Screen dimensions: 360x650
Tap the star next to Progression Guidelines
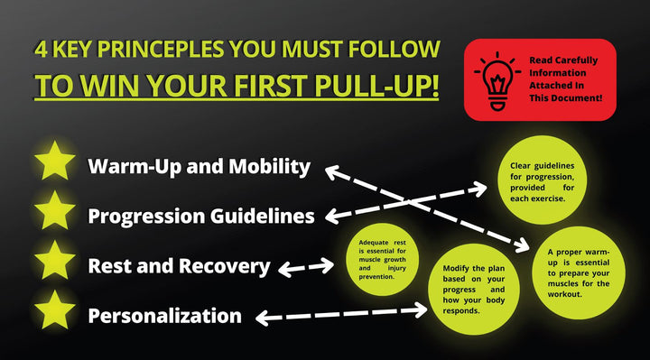click(x=54, y=214)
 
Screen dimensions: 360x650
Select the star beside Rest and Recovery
click(x=54, y=263)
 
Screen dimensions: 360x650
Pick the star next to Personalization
click(x=54, y=313)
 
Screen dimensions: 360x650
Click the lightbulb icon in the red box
click(x=495, y=79)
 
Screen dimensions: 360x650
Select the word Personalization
click(x=164, y=316)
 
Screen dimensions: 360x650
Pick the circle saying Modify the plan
click(x=473, y=286)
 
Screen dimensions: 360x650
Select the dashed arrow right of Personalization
click(x=343, y=313)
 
